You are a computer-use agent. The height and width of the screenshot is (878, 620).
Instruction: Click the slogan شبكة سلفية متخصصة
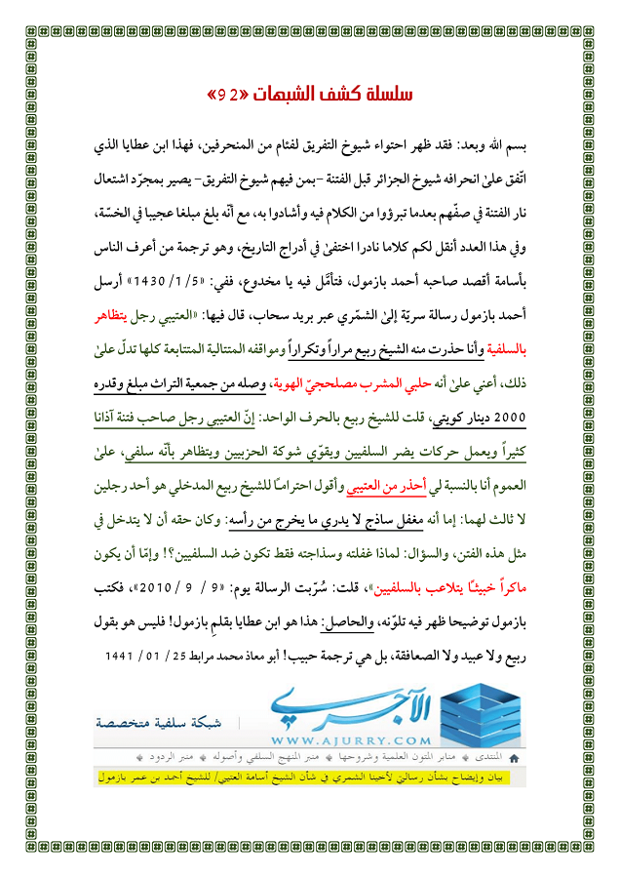pos(162,723)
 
